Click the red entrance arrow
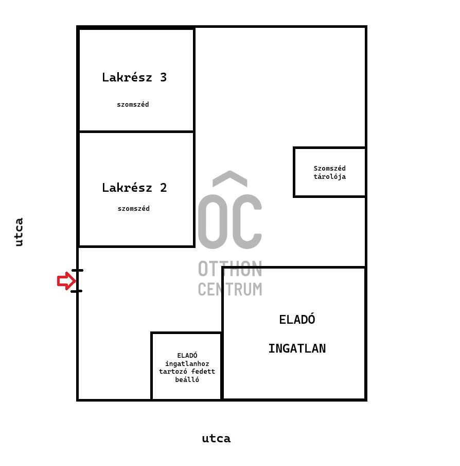[66, 281]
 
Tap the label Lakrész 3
[134, 77]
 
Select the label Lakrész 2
[134, 188]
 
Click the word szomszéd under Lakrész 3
[133, 104]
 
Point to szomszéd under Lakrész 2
[134, 209]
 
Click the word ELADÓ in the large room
[297, 319]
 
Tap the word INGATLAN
[297, 348]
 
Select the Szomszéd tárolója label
[330, 172]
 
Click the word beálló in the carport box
[187, 379]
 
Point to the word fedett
[203, 372]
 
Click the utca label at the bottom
[216, 439]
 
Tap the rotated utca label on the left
[19, 232]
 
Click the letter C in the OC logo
[247, 222]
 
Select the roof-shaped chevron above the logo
[230, 178]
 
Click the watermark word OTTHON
[230, 269]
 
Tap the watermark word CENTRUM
[230, 289]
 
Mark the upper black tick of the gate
[77, 271]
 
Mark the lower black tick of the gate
[77, 291]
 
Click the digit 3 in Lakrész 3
[164, 77]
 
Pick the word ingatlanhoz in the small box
[187, 364]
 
